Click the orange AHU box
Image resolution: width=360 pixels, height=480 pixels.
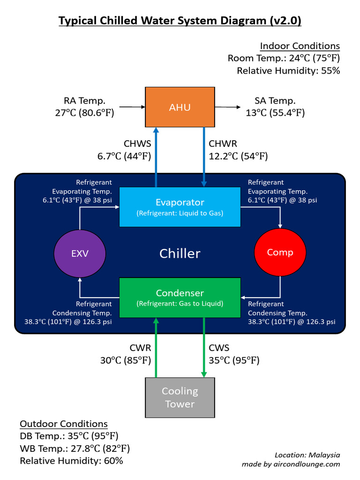pyautogui.click(x=180, y=107)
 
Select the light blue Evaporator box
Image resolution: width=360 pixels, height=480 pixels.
pyautogui.click(x=180, y=207)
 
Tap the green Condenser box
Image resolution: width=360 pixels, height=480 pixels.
pyautogui.click(x=180, y=297)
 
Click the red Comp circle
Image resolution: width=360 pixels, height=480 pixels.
pyautogui.click(x=280, y=253)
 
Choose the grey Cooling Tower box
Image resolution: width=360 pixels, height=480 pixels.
pyautogui.click(x=180, y=397)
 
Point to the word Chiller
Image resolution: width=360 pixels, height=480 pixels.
pyautogui.click(x=180, y=254)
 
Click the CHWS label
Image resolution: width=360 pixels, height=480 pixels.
pyautogui.click(x=137, y=144)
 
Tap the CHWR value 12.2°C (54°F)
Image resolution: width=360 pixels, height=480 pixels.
pyautogui.click(x=238, y=157)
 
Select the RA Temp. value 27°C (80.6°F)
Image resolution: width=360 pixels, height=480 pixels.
pyautogui.click(x=85, y=112)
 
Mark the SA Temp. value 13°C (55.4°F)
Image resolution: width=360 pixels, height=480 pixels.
pyautogui.click(x=275, y=112)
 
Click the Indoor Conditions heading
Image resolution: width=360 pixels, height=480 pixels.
pyautogui.click(x=300, y=46)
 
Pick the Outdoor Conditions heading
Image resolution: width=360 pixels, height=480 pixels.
pyautogui.click(x=64, y=424)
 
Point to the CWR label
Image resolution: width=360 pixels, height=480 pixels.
pyautogui.click(x=140, y=348)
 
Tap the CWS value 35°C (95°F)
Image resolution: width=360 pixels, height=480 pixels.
pyautogui.click(x=234, y=360)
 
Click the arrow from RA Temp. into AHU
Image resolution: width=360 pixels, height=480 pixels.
pyautogui.click(x=132, y=107)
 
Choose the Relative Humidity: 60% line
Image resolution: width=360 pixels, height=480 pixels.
pyautogui.click(x=71, y=461)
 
